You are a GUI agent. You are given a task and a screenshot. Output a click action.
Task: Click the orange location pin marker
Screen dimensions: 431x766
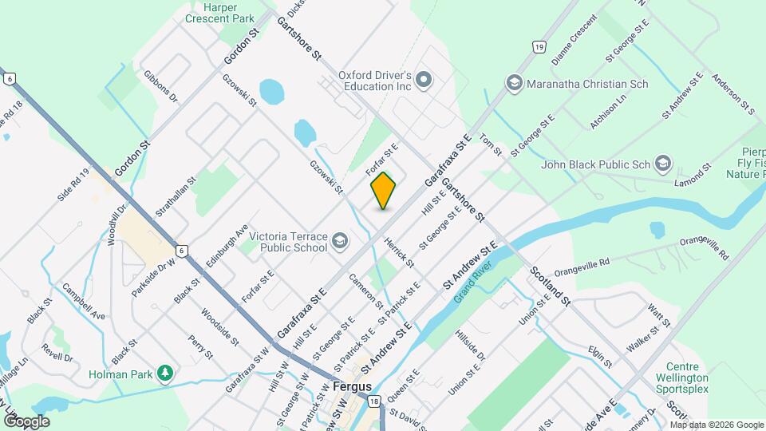pyautogui.click(x=384, y=190)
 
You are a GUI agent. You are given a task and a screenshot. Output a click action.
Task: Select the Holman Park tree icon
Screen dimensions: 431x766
pyautogui.click(x=165, y=372)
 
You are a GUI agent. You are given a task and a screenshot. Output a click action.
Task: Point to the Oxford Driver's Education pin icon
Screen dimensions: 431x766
pyautogui.click(x=424, y=80)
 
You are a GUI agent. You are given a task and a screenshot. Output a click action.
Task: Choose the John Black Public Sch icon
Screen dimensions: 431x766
pyautogui.click(x=662, y=165)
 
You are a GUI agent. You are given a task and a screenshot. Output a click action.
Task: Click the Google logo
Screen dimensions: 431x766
pyautogui.click(x=26, y=421)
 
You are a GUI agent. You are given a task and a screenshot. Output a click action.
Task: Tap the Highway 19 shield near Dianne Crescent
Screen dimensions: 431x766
pyautogui.click(x=540, y=47)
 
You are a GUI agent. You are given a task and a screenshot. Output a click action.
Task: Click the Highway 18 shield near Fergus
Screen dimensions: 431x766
pyautogui.click(x=373, y=404)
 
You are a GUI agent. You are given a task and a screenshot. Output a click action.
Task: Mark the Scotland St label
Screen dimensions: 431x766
pyautogui.click(x=551, y=286)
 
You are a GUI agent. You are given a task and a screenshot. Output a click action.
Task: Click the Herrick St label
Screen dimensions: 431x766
pyautogui.click(x=399, y=251)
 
